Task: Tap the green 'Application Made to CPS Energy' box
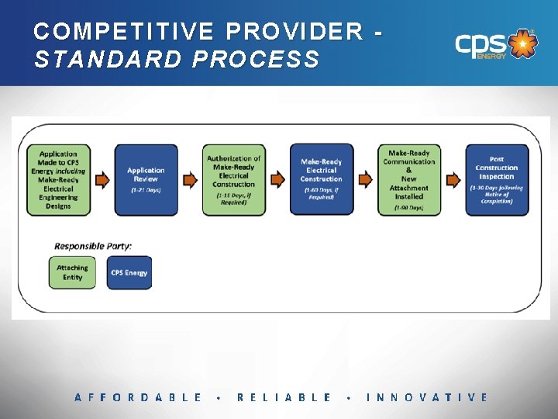click(59, 180)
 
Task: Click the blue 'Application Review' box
click(146, 180)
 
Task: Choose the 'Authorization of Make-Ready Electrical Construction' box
click(233, 180)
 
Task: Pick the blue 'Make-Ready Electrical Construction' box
click(321, 180)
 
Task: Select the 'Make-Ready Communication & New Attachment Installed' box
click(408, 180)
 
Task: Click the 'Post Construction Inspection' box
click(497, 180)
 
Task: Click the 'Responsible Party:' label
click(93, 246)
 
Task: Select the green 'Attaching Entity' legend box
click(72, 272)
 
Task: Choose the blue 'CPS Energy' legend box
click(129, 272)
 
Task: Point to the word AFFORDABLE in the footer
click(138, 397)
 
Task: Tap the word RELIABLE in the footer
click(284, 397)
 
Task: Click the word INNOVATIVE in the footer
click(427, 397)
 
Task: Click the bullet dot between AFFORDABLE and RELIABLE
click(220, 398)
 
